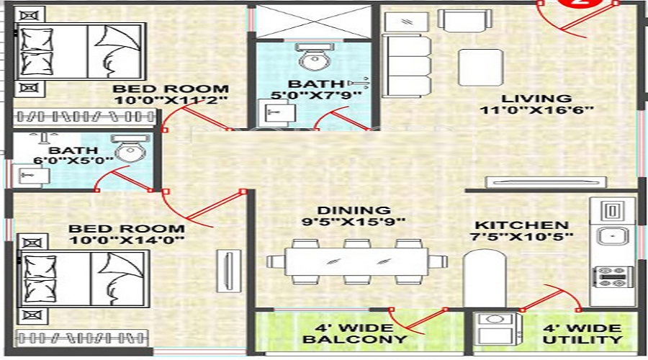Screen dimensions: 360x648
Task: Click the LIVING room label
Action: [526, 99]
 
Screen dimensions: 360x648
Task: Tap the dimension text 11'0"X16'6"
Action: [526, 111]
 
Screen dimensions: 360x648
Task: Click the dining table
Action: [348, 260]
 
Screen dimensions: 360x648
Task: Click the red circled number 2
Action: [580, 4]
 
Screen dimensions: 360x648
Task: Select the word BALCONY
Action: [355, 338]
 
